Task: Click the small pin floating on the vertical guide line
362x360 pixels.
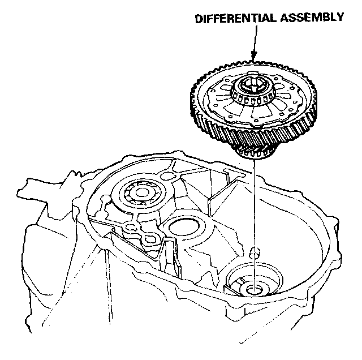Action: [x=255, y=250]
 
